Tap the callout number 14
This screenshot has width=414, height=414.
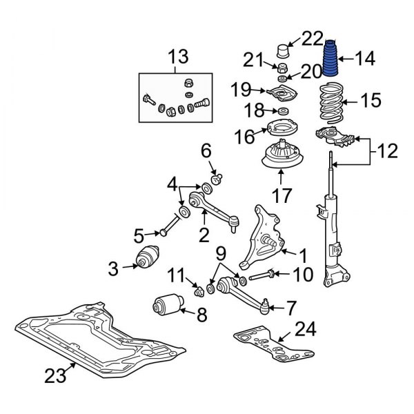click(x=365, y=59)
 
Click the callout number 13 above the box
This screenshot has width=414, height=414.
click(x=177, y=55)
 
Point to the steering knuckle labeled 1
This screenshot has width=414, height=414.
click(x=265, y=235)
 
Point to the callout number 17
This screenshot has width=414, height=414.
click(x=279, y=197)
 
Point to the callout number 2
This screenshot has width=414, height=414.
click(x=204, y=235)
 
